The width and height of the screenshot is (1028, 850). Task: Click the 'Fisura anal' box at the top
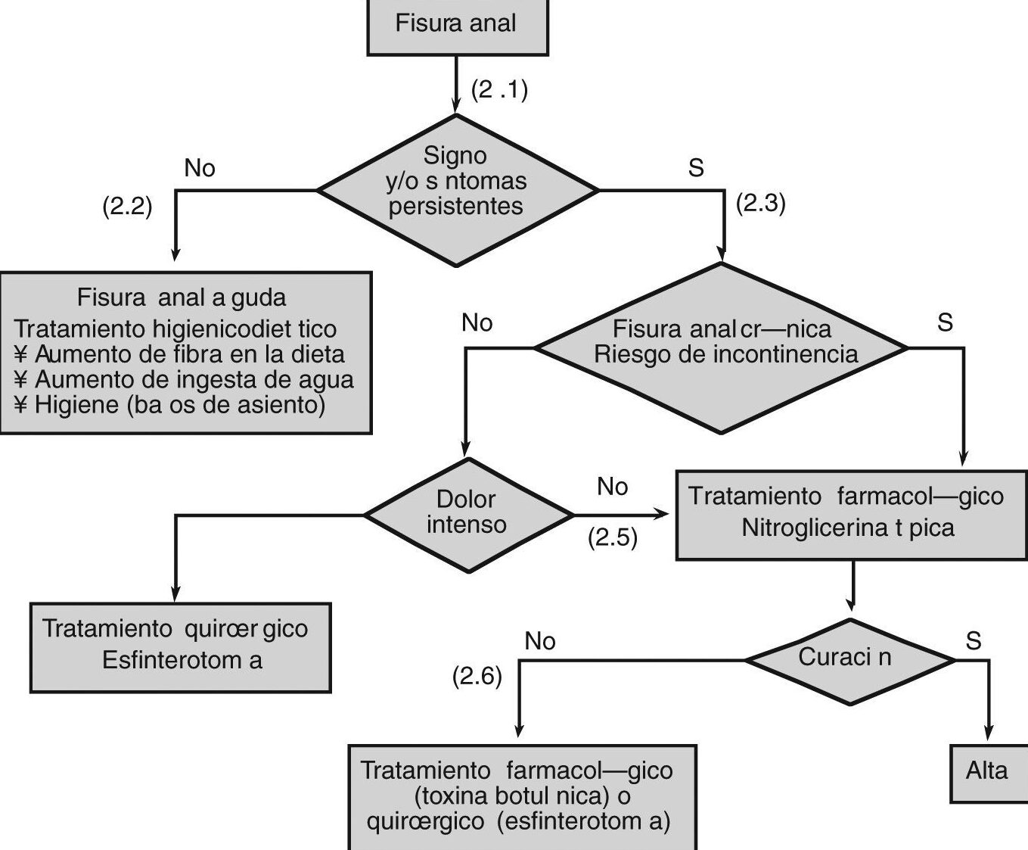click(457, 24)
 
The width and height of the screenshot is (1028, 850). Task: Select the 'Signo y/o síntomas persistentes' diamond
click(456, 189)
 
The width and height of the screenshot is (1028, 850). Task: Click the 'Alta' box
click(987, 771)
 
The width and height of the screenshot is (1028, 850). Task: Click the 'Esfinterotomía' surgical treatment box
click(180, 646)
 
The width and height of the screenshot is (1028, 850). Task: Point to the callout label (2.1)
click(499, 91)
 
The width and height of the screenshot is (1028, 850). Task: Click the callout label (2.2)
click(127, 207)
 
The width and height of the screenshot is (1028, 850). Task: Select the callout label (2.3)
click(761, 204)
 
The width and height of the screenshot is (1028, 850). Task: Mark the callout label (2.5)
click(613, 537)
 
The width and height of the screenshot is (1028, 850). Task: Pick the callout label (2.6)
click(477, 676)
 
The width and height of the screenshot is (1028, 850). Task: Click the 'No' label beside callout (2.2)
click(200, 168)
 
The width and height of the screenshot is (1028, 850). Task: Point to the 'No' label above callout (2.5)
click(612, 487)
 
